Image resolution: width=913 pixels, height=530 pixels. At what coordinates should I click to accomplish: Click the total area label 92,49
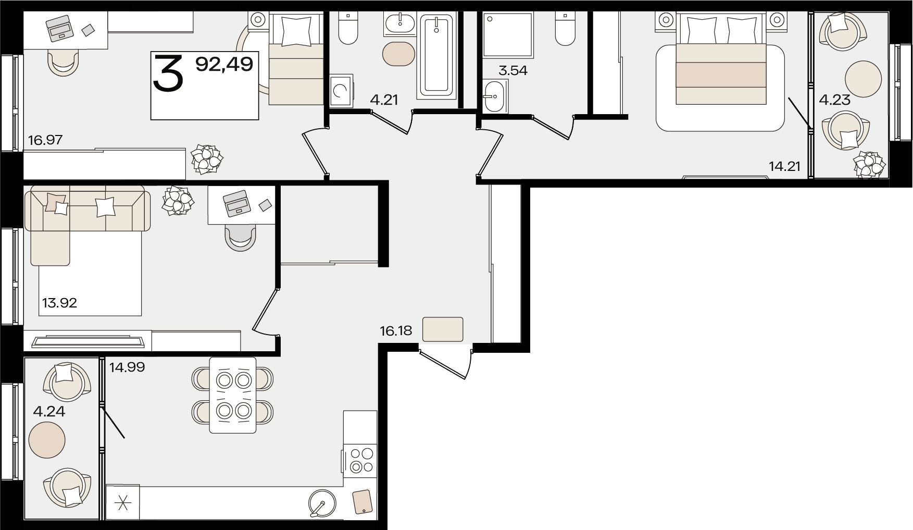click(x=224, y=64)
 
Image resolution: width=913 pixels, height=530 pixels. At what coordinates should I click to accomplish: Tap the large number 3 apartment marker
click(x=168, y=73)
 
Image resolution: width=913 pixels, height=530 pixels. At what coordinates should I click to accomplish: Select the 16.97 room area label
click(x=46, y=140)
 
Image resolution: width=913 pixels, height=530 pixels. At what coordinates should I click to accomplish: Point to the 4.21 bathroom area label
click(x=384, y=100)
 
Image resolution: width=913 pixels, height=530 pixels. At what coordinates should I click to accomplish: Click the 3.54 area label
click(x=513, y=70)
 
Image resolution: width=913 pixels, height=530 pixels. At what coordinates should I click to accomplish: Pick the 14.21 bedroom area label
click(x=784, y=167)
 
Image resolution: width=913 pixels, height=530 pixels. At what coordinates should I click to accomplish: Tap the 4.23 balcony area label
click(x=835, y=100)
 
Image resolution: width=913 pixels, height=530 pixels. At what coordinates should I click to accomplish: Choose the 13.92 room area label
click(x=60, y=303)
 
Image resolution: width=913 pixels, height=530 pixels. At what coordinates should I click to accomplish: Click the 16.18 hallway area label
click(x=396, y=330)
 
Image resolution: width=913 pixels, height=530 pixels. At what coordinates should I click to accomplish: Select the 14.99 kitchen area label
click(x=127, y=367)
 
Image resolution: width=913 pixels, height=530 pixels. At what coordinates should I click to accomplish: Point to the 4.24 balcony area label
click(x=49, y=412)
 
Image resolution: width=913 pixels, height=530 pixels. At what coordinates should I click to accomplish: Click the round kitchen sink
click(x=322, y=503)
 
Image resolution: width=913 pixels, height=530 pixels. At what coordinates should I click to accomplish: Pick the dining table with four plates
click(x=233, y=395)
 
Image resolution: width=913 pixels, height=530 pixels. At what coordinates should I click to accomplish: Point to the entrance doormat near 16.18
click(x=443, y=329)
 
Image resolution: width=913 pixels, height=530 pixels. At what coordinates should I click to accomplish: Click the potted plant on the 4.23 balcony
click(x=870, y=164)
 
